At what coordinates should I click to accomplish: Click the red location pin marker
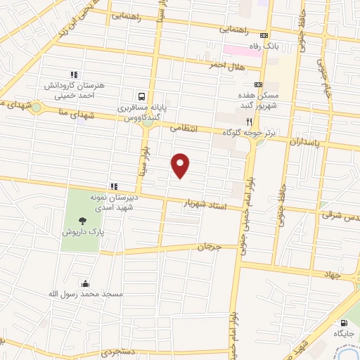click(181, 165)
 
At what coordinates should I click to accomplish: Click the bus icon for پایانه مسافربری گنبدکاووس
click(143, 96)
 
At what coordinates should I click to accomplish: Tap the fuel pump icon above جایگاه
click(343, 321)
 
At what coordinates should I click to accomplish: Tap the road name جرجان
click(209, 247)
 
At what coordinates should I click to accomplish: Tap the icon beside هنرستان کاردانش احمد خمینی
click(73, 75)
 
